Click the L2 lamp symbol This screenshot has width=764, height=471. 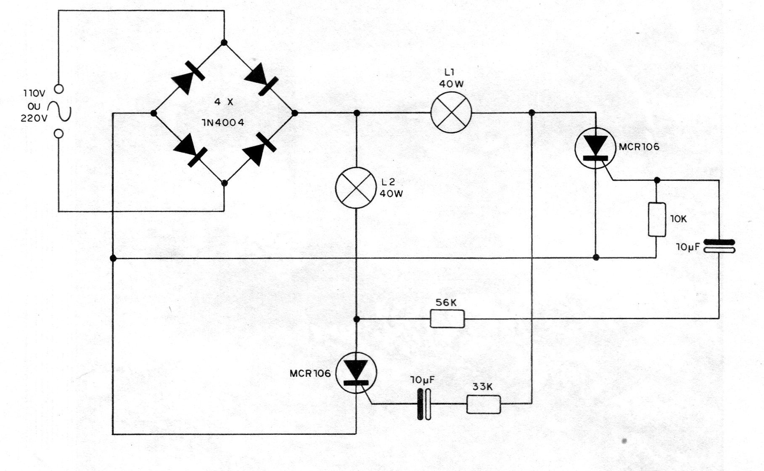point(356,188)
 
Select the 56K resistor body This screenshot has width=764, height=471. point(447,318)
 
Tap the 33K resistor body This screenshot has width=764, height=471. point(484,404)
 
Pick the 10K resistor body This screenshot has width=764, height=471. point(657,220)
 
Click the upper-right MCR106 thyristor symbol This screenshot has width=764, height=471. point(595,148)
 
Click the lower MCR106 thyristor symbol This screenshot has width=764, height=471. point(356,373)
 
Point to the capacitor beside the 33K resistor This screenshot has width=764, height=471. point(424,404)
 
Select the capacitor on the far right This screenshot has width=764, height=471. point(719,246)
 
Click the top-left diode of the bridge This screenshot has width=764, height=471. point(188,78)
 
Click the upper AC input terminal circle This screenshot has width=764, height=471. point(59,89)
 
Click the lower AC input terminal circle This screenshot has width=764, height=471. point(59,134)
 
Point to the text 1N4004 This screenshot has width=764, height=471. point(223,123)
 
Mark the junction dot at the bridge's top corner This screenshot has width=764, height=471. point(224,42)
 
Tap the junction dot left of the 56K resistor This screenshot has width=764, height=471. point(356,319)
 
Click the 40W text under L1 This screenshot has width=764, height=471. point(451,84)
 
